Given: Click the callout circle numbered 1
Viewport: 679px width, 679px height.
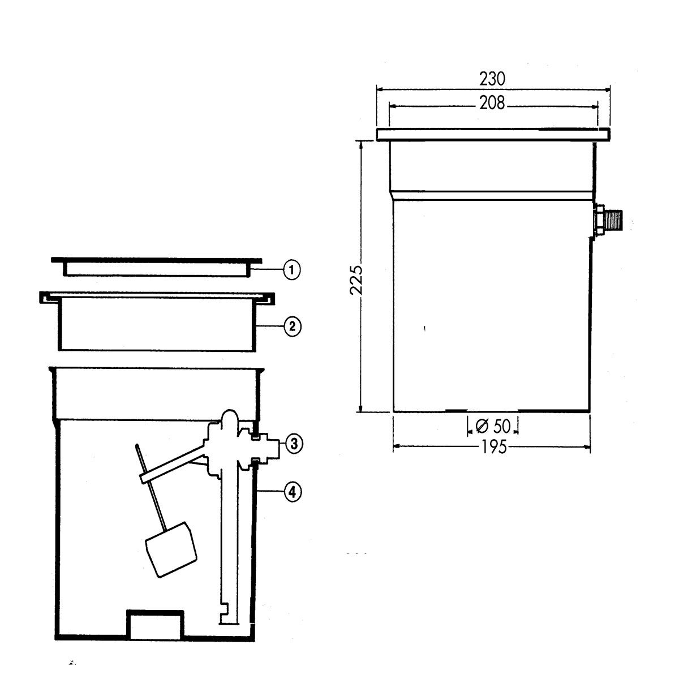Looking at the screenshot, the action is pos(292,270).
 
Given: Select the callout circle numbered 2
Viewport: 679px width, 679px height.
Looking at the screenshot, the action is pos(292,326).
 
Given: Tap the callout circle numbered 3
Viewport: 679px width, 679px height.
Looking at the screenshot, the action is pos(294,444).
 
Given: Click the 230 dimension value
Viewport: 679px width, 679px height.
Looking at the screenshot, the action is pos(492,79).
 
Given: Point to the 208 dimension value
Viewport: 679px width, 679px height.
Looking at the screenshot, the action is pos(492,103).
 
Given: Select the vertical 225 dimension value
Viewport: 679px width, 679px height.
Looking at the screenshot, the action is pos(356,280).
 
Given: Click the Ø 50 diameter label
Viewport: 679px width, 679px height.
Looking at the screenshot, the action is pos(493,426).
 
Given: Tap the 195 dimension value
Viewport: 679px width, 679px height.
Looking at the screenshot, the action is pos(494,447).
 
